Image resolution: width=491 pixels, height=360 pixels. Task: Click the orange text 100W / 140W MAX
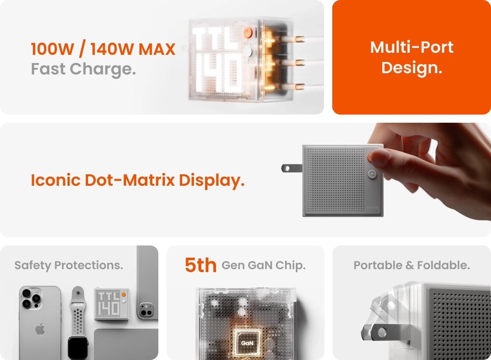tap(103, 49)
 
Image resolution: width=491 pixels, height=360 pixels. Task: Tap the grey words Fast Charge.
tap(83, 69)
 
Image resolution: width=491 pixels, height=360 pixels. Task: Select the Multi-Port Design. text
tap(412, 58)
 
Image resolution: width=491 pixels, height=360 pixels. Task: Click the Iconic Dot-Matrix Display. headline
tap(137, 180)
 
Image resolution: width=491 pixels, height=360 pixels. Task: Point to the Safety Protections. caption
tap(69, 265)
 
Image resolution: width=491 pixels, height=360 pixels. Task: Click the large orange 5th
tap(200, 265)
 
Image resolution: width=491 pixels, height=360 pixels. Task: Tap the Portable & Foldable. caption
tap(412, 265)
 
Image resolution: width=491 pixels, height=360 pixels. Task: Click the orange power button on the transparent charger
tap(248, 33)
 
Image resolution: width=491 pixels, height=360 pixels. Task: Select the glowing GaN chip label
tap(247, 343)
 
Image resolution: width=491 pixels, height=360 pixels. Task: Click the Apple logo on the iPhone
tap(40, 329)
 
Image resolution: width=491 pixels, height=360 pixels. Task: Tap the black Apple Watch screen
tap(78, 349)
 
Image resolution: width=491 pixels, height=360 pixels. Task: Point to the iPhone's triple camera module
tap(31, 298)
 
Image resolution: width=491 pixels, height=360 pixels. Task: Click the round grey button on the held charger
tap(372, 174)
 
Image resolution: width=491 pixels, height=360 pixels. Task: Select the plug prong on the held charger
tap(292, 168)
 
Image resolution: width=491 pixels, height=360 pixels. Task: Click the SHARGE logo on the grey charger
tap(372, 207)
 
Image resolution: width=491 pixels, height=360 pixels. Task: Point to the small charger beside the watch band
tap(111, 304)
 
